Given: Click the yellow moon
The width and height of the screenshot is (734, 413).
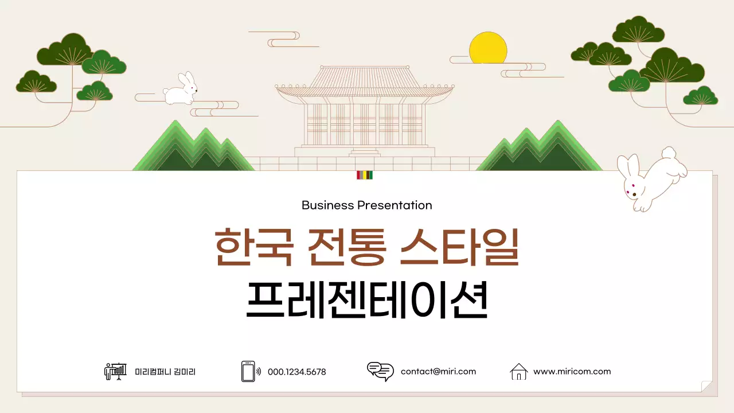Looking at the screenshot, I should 488,48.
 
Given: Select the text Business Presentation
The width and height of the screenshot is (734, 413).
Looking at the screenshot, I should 366,205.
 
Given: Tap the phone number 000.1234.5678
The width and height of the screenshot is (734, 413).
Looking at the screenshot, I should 296,372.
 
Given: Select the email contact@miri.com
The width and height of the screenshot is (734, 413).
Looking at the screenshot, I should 438,371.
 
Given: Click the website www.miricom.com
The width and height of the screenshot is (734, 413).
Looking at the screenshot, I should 572,371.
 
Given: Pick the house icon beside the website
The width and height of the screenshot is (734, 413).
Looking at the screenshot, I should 518,372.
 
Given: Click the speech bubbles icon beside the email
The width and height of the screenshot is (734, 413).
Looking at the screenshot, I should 380,372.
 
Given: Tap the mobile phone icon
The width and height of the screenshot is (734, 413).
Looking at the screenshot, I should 248,371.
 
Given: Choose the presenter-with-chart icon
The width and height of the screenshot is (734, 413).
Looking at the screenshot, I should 115,371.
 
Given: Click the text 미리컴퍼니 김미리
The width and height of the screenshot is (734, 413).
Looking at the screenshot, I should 165,372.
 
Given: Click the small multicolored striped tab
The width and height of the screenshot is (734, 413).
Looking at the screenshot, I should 365,175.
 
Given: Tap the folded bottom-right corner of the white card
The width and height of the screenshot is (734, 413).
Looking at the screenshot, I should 706,387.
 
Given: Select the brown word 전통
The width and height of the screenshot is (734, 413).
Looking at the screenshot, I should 346,248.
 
